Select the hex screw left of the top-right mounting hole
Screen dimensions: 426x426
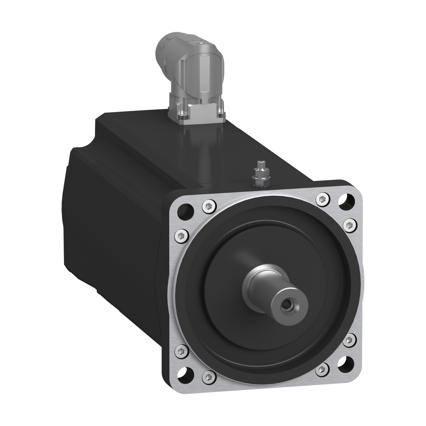[322, 199]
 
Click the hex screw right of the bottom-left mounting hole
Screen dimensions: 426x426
[209, 376]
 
